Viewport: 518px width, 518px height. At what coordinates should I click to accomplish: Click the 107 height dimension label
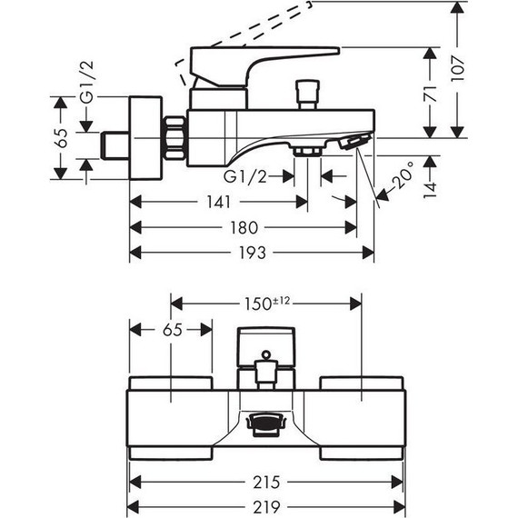click(458, 69)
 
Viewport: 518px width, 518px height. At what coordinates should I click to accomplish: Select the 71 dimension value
click(430, 94)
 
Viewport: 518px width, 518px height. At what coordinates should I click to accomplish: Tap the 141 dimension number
click(218, 202)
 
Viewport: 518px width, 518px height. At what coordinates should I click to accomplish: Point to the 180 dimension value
click(244, 227)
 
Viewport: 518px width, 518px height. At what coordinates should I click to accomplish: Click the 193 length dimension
click(253, 253)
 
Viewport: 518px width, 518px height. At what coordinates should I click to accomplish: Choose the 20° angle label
click(403, 174)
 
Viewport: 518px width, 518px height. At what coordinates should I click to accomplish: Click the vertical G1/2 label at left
click(87, 83)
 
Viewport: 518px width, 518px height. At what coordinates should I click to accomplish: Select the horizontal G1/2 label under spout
click(244, 176)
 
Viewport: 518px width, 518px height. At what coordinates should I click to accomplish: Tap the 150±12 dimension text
click(267, 304)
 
